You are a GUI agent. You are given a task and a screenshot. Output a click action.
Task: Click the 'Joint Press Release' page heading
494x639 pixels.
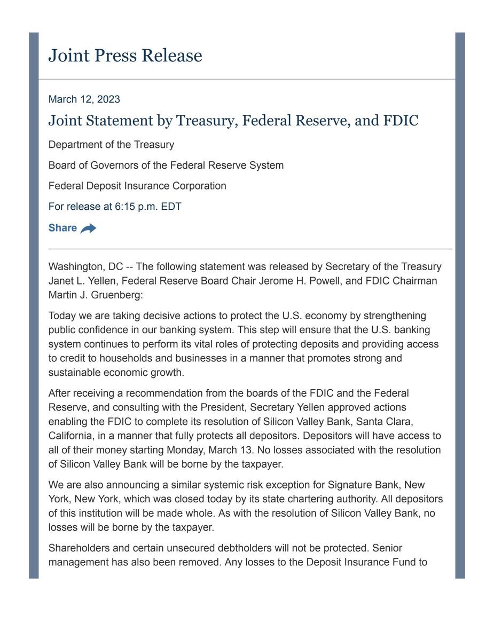tap(125, 56)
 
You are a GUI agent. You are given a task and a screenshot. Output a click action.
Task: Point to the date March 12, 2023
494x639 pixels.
tap(84, 99)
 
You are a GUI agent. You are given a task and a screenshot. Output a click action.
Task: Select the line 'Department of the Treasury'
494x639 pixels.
tap(111, 145)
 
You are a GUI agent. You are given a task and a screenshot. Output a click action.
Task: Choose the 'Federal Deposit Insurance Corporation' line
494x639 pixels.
tap(137, 186)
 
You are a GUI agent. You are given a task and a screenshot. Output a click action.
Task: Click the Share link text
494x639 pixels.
tap(62, 228)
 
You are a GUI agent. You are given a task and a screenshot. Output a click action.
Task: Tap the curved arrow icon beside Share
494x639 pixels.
tap(89, 228)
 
